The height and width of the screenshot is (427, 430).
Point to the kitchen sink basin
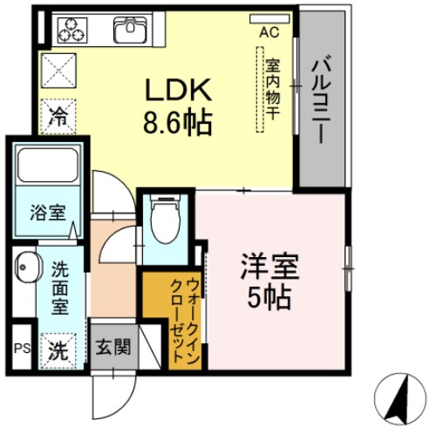pyautogui.click(x=133, y=30)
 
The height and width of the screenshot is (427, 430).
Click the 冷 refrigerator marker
pyautogui.click(x=58, y=114)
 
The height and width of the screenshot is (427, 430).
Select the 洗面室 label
pyautogui.click(x=59, y=288)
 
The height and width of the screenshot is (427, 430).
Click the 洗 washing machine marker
pyautogui.click(x=58, y=351)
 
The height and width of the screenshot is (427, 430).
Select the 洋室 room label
pyautogui.click(x=268, y=267)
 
